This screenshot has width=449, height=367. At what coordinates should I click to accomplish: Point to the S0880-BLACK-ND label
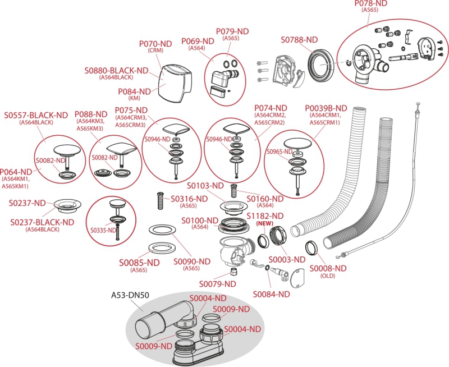pyautogui.click(x=117, y=71)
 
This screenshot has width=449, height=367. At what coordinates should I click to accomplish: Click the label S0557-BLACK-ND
pyautogui.click(x=36, y=116)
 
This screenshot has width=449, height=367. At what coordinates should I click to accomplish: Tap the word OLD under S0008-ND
pyautogui.click(x=327, y=276)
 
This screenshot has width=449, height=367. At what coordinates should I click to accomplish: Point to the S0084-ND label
pyautogui.click(x=271, y=293)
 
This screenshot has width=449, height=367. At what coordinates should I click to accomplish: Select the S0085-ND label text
pyautogui.click(x=138, y=262)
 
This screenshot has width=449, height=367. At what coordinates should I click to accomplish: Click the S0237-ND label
pyautogui.click(x=28, y=203)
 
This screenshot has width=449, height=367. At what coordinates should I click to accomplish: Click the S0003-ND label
pyautogui.click(x=286, y=259)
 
